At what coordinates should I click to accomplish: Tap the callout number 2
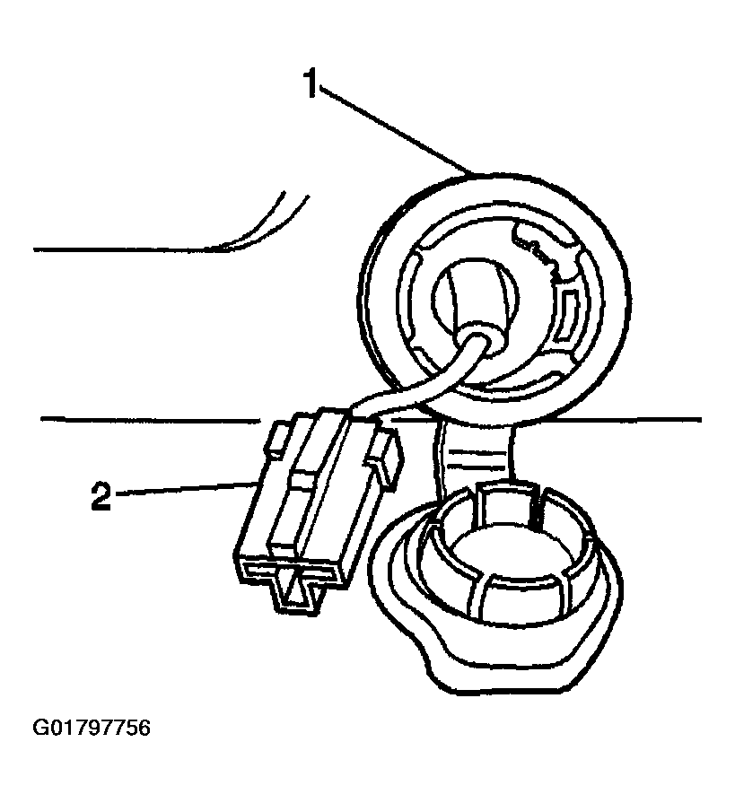101,494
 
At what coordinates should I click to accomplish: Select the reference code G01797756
92,728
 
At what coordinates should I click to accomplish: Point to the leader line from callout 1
394,131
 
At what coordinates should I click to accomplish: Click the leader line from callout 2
186,488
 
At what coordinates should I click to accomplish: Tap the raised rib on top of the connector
307,492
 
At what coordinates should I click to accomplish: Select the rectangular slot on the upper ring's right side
569,315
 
